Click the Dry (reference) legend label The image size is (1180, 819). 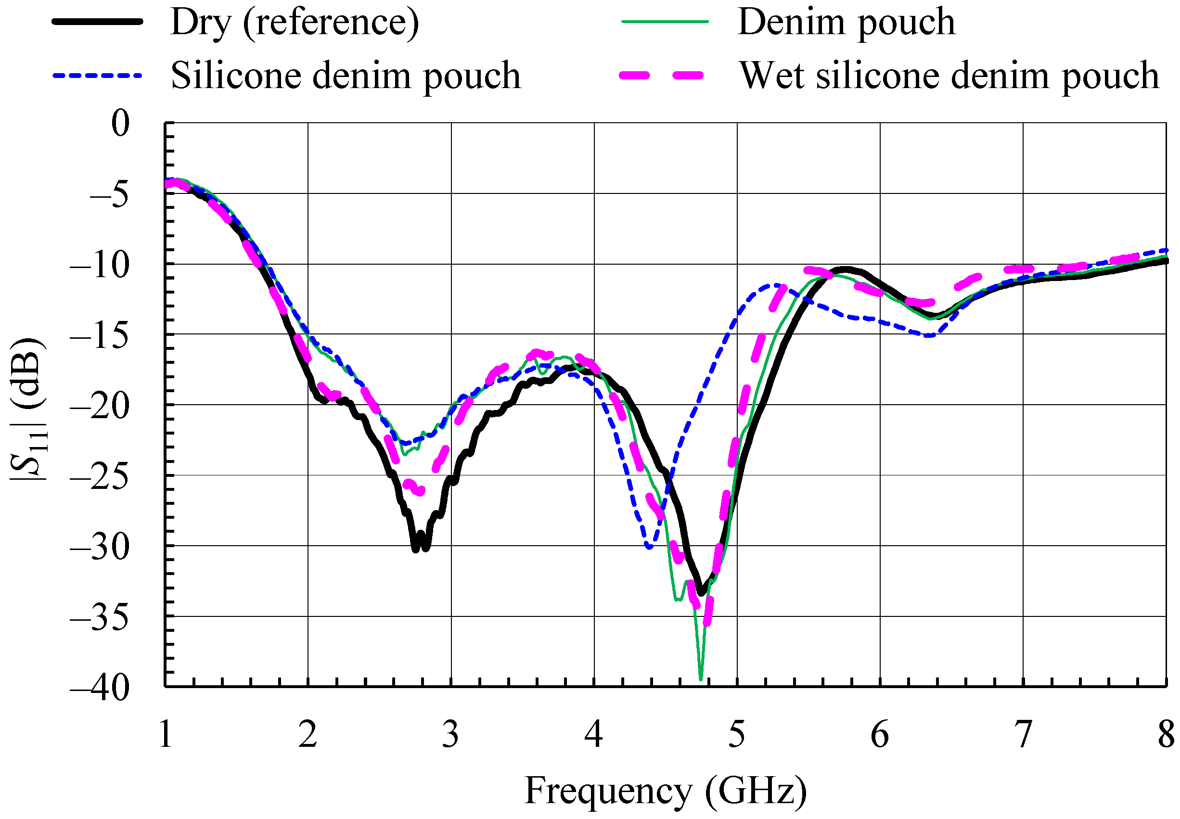tap(294, 23)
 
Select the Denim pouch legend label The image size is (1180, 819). tap(846, 23)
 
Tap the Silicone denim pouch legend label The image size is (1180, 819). tap(345, 76)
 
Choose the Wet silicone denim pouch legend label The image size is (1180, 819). tap(949, 76)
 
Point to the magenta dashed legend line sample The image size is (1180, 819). tap(661, 76)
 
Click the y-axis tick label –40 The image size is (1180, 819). tap(100, 688)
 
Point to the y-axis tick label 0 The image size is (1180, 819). tap(121, 124)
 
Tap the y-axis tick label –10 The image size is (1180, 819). tap(100, 265)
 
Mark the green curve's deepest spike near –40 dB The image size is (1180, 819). tap(701, 679)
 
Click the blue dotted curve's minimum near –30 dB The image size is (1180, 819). tap(650, 547)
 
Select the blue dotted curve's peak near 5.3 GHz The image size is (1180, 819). tap(775, 285)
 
